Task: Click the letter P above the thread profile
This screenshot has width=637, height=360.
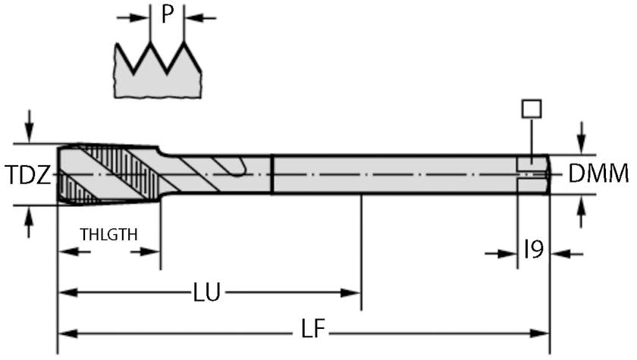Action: click(168, 15)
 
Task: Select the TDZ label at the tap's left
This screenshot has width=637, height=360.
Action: click(28, 176)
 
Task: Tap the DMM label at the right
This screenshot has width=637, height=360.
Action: click(599, 174)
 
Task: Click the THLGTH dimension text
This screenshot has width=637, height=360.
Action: click(109, 234)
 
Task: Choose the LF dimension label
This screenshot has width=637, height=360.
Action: click(310, 331)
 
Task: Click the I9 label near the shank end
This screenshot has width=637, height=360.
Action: click(534, 249)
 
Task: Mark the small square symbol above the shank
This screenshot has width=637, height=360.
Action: click(532, 108)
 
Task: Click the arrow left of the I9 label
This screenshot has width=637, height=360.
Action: click(507, 254)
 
